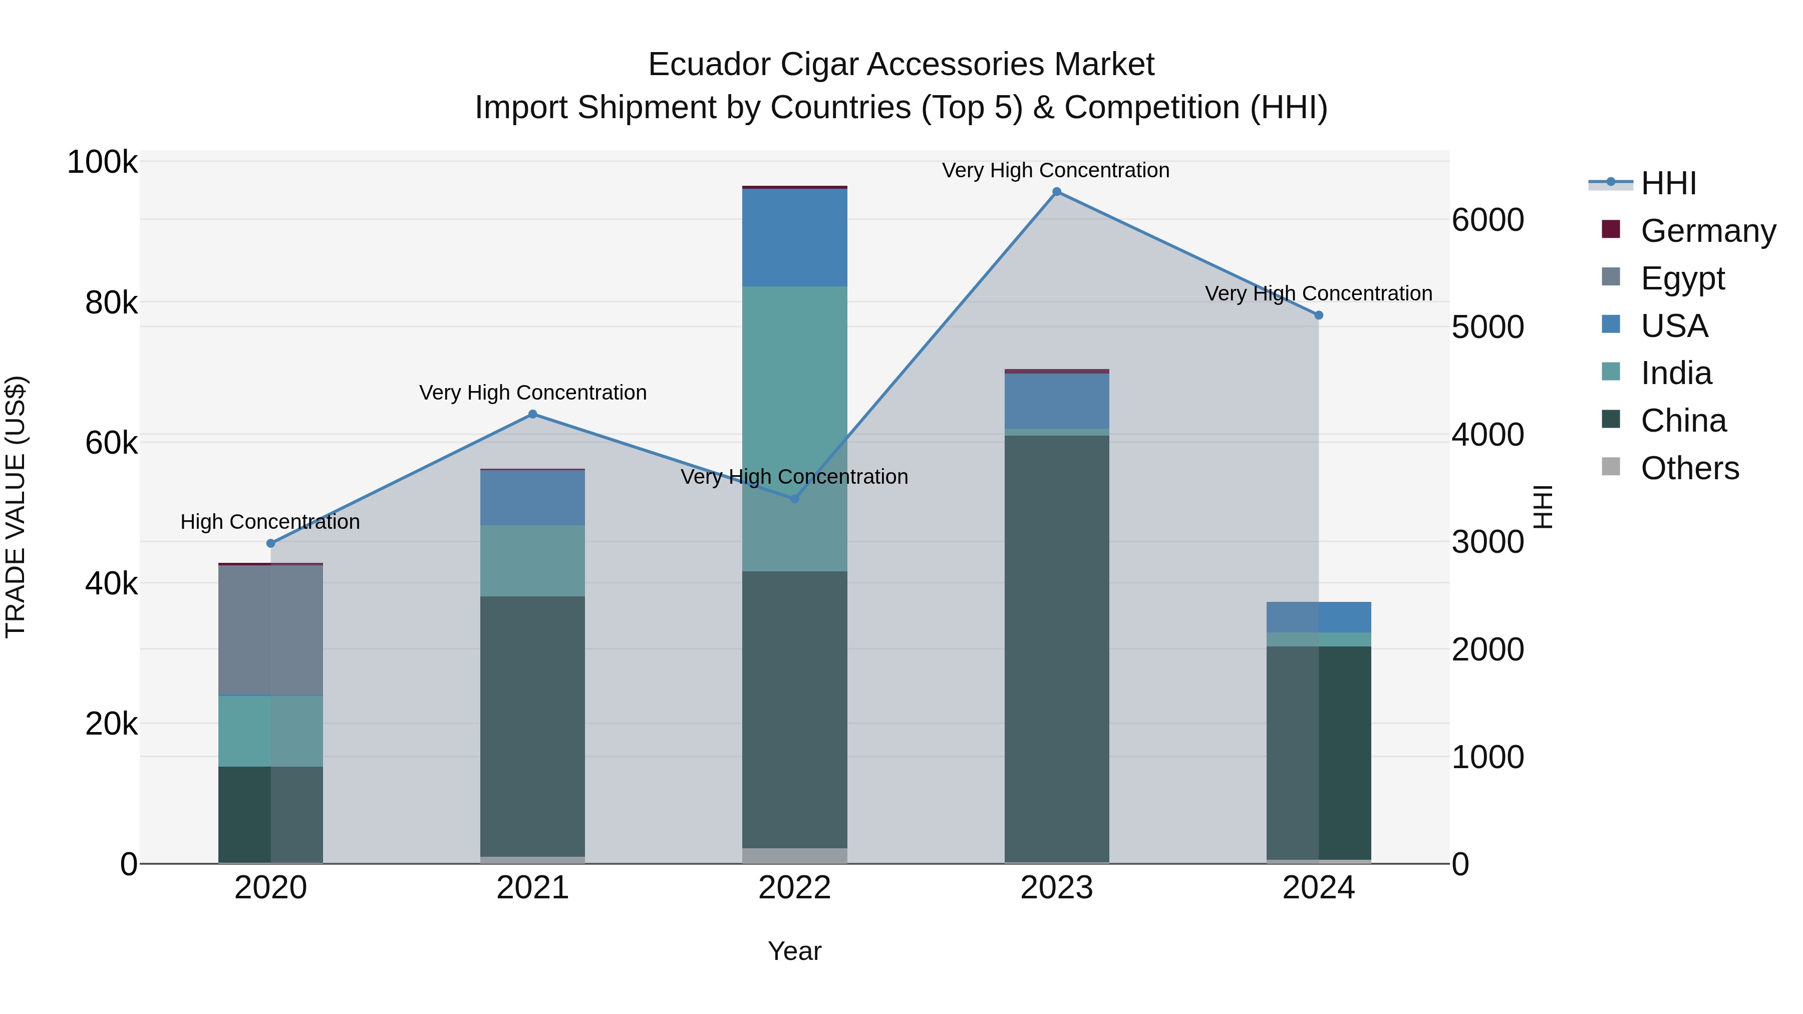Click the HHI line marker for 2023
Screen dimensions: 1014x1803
point(1056,192)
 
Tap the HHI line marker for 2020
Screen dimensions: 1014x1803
point(271,543)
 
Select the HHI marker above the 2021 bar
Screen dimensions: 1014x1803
point(533,414)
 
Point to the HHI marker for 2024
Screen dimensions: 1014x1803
point(1319,315)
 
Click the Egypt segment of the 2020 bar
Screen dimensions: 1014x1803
point(271,630)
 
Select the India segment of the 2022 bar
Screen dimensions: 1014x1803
point(794,428)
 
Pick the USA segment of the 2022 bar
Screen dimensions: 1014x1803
point(794,238)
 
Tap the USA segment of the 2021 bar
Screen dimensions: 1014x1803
point(533,498)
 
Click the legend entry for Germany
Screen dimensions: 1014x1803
point(1708,231)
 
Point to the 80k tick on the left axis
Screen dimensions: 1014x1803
point(111,303)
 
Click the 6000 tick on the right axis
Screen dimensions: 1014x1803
point(1487,220)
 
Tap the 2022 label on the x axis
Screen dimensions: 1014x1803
point(794,888)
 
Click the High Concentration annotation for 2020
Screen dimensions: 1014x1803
point(270,522)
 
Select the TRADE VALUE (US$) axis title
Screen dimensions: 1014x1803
point(16,507)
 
